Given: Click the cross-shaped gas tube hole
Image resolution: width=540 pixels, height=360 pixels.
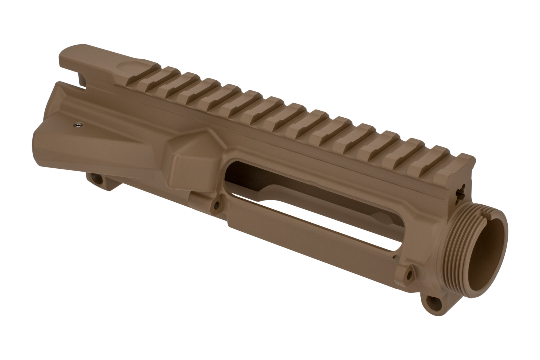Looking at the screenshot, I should tap(461, 193).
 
